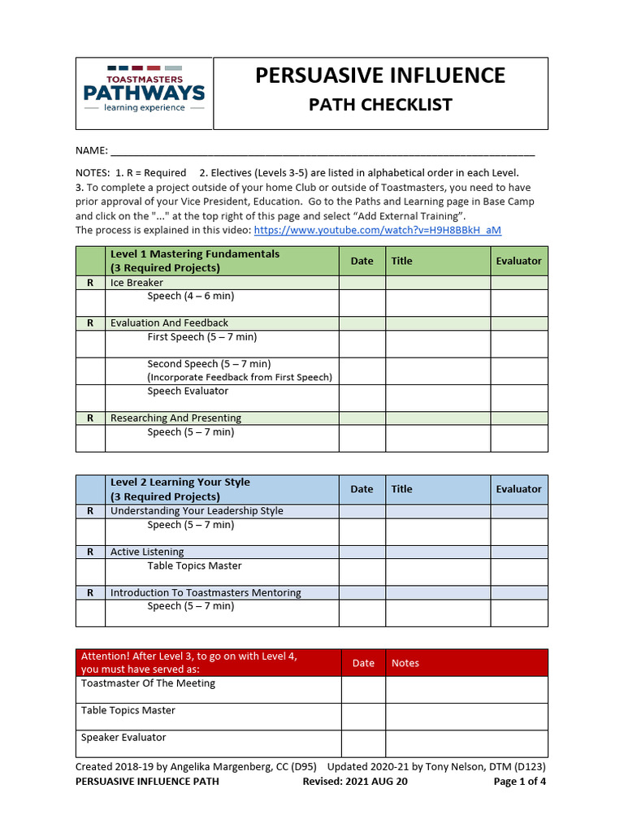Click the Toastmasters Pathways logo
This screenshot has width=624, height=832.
(145, 91)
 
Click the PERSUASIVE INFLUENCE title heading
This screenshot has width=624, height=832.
(379, 76)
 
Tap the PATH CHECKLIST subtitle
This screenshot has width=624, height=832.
(379, 105)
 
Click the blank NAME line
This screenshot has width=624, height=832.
(322, 151)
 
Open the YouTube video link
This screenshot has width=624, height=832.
(377, 230)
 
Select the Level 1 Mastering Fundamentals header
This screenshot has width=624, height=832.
(195, 261)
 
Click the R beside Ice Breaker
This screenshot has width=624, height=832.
(90, 283)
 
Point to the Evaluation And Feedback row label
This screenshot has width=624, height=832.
(169, 323)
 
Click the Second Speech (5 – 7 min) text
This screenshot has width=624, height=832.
(209, 364)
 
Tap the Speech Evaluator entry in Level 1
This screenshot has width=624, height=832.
(188, 391)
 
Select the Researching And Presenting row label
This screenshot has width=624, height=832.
(175, 418)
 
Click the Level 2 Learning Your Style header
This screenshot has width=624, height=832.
(180, 489)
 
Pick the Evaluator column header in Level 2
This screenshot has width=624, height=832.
(518, 489)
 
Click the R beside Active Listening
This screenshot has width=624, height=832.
(90, 552)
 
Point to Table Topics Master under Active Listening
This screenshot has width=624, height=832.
(194, 565)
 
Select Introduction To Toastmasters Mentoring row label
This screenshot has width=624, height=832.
(206, 593)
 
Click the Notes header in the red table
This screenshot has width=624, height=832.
(405, 663)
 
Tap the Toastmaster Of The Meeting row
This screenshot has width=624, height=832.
(148, 683)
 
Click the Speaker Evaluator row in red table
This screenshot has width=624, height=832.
(123, 738)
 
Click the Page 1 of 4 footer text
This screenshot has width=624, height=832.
(520, 782)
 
